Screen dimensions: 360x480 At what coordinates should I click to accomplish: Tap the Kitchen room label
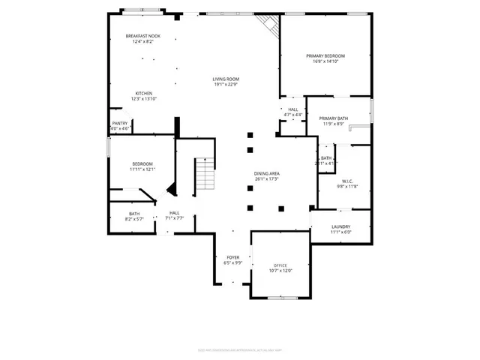[x=143, y=94]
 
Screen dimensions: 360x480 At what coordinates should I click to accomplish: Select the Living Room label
[x=225, y=79]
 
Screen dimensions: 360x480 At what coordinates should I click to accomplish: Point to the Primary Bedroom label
[x=325, y=56]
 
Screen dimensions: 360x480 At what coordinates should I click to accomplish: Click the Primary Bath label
[x=333, y=118]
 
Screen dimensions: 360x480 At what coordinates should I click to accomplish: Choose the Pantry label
[x=119, y=123]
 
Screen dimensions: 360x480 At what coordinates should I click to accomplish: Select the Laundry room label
[x=340, y=226]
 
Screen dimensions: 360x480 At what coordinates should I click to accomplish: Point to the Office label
[x=280, y=265]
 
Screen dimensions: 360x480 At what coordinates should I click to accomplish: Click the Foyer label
[x=233, y=257]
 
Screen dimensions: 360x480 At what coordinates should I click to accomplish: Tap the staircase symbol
[x=205, y=175]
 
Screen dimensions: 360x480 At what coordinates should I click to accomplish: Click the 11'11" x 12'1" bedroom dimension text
[x=142, y=169]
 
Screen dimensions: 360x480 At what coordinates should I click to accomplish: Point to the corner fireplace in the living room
[x=267, y=28]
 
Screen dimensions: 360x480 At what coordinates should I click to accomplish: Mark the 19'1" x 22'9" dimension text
[x=225, y=84]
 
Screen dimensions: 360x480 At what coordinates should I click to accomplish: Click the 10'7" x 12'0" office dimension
[x=280, y=271]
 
